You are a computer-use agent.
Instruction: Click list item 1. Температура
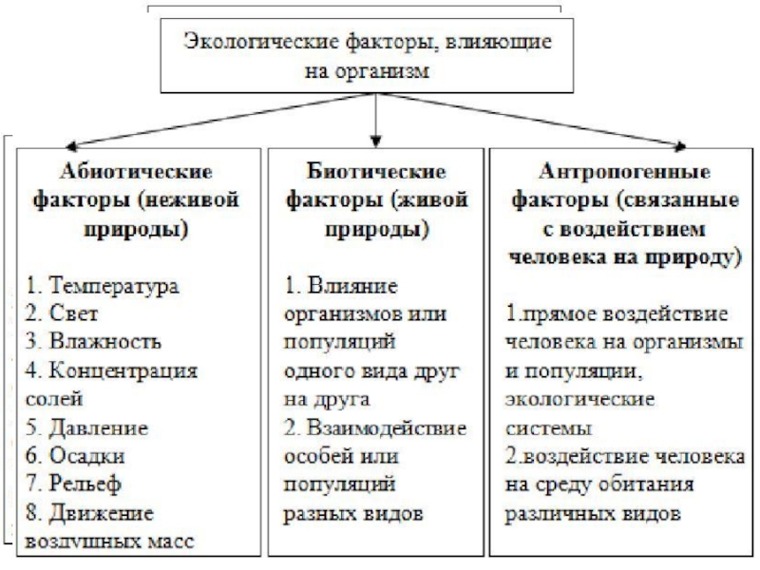coord(103,285)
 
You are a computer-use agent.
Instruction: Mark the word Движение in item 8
coord(109,513)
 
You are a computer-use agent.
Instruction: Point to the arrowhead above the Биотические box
coord(377,139)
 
